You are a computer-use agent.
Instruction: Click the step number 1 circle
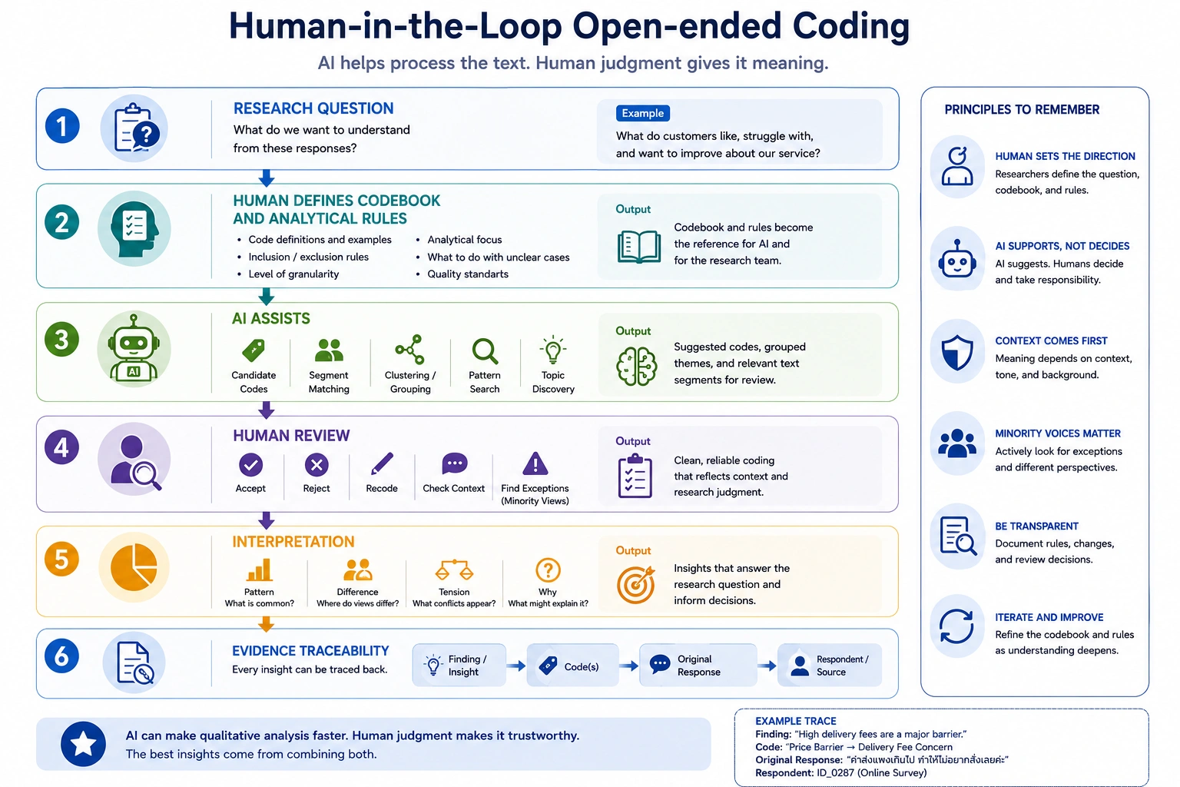(x=62, y=126)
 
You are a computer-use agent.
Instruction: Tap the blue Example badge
(x=643, y=113)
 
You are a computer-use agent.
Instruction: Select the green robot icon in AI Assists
(x=134, y=348)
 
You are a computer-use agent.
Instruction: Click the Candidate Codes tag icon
(x=254, y=350)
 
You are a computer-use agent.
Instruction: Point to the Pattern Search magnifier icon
(x=485, y=351)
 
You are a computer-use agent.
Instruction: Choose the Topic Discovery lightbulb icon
(x=552, y=350)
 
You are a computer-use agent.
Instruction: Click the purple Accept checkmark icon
(x=250, y=464)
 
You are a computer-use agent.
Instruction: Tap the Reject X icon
(x=317, y=464)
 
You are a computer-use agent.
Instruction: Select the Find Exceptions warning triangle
(x=535, y=463)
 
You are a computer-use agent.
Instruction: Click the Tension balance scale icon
(x=454, y=569)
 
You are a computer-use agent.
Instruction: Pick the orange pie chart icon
(x=134, y=567)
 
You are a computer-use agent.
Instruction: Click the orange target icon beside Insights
(x=636, y=585)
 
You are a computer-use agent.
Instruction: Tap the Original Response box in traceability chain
(x=698, y=666)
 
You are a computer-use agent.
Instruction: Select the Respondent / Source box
(x=830, y=666)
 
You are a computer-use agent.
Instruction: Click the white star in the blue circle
(x=83, y=744)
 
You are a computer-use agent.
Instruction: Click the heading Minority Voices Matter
(x=1058, y=433)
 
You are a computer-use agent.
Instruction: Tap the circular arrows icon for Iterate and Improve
(x=956, y=626)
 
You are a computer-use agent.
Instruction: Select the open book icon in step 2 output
(x=639, y=246)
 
